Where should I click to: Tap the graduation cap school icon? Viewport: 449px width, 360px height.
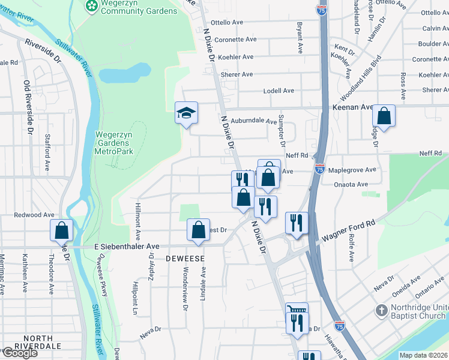coord(186,112)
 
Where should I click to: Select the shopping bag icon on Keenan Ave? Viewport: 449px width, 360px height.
coord(384,115)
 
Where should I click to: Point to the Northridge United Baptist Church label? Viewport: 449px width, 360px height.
coord(420,311)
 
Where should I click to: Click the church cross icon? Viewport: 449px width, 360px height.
coord(381,311)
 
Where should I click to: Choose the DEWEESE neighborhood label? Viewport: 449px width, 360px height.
coord(185,258)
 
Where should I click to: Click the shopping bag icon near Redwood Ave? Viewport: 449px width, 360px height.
coord(62,230)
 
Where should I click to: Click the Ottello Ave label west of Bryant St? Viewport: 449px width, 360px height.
coord(225,22)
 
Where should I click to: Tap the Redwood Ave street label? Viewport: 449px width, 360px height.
coord(34,214)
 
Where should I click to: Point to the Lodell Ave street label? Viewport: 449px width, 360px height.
coord(279,91)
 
